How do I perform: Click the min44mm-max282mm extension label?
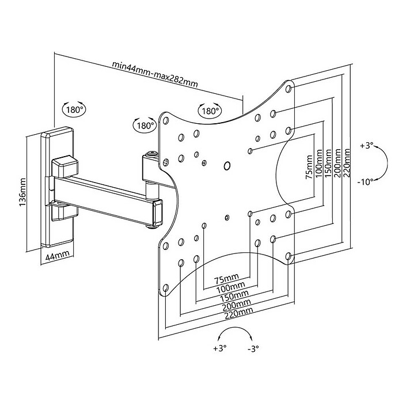point(155,75)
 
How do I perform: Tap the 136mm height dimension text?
point(22,192)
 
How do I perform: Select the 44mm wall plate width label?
point(58,256)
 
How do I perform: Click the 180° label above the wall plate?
point(74,110)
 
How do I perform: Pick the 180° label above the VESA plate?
point(210,111)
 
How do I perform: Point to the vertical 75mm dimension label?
point(309,167)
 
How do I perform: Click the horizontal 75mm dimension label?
point(226,279)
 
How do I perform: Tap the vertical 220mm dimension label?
point(346,163)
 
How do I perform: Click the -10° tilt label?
point(366,182)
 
